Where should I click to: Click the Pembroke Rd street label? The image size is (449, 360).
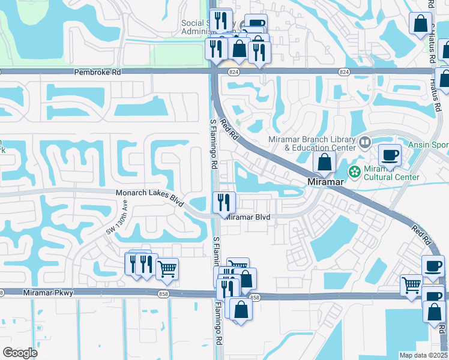coord(98,72)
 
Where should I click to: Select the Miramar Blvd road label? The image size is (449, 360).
coord(249,217)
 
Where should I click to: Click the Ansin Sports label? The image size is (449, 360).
coord(429,144)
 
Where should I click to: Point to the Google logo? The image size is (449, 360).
coord(20,352)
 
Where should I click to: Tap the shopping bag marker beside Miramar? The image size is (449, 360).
coord(324,162)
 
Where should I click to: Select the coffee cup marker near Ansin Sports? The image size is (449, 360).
coord(390,156)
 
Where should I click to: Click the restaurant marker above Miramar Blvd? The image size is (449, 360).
coord(224,202)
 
